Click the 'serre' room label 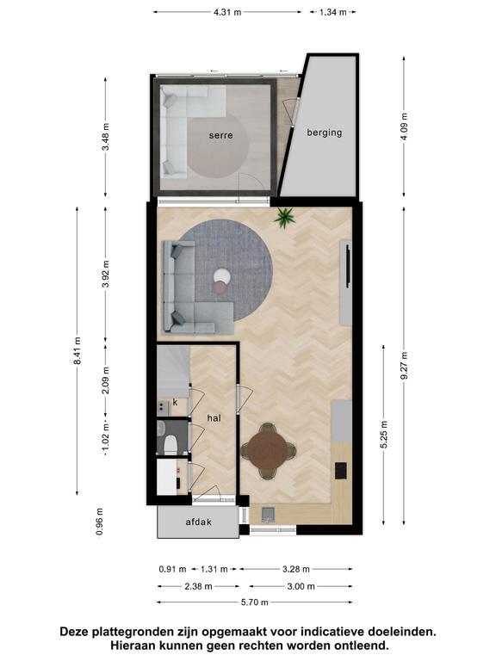pyautogui.click(x=220, y=135)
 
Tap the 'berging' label pyautogui.click(x=325, y=133)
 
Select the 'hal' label pyautogui.click(x=214, y=417)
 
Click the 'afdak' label pyautogui.click(x=199, y=522)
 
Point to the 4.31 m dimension pyautogui.click(x=227, y=12)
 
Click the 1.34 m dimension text pyautogui.click(x=332, y=12)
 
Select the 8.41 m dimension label pyautogui.click(x=77, y=351)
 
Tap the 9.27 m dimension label pyautogui.click(x=404, y=366)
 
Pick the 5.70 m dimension pyautogui.click(x=254, y=602)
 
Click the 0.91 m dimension pyautogui.click(x=172, y=569)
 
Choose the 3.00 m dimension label pyautogui.click(x=301, y=586)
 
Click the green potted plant pyautogui.click(x=284, y=218)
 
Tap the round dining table pyautogui.click(x=267, y=450)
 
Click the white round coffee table pyautogui.click(x=222, y=276)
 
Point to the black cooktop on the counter pyautogui.click(x=341, y=471)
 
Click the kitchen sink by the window pyautogui.click(x=269, y=515)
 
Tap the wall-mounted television pyautogui.click(x=348, y=267)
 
